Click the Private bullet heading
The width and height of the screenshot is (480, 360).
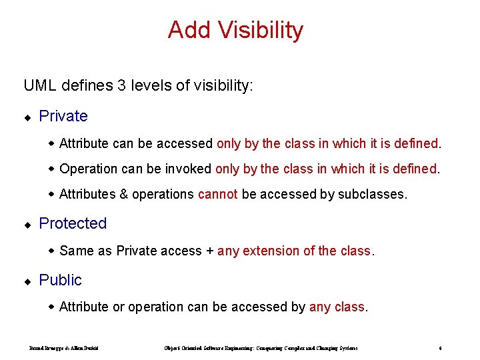click(63, 116)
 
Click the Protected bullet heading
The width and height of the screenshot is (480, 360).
click(73, 223)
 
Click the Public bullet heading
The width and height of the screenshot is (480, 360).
click(61, 280)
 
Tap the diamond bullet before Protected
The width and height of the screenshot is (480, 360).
click(27, 225)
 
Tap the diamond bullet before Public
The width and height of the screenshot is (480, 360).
click(27, 281)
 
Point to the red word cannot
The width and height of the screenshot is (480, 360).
click(217, 194)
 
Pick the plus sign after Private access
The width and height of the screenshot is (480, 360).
click(210, 251)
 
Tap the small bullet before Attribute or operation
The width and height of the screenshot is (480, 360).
click(52, 307)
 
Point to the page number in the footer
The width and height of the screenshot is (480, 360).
click(441, 348)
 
